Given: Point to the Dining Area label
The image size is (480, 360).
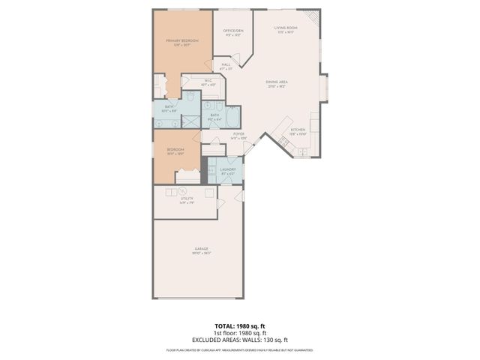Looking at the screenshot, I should (x=278, y=84).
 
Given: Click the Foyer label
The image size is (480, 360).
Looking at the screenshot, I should (x=238, y=136).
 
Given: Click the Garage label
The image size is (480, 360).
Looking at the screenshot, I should (x=201, y=250).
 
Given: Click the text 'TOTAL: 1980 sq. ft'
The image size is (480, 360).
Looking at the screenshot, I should (x=239, y=326).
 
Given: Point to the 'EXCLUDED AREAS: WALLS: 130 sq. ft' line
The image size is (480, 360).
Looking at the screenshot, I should (x=239, y=340).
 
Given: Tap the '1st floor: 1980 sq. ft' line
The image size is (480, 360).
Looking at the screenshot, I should (x=239, y=333).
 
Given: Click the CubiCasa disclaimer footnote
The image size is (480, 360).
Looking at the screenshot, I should (x=239, y=349).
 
